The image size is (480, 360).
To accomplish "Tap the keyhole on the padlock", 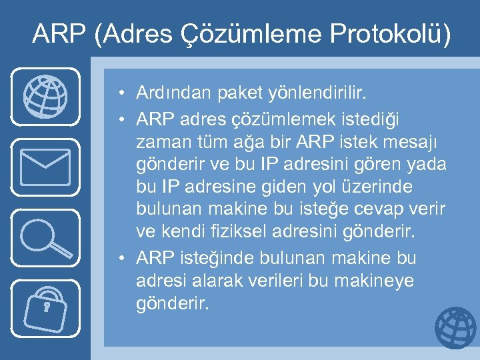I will (47, 307).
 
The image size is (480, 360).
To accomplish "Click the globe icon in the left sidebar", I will (45, 97).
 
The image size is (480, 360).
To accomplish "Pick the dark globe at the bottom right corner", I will (456, 329).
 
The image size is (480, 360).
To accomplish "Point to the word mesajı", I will (419, 142).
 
